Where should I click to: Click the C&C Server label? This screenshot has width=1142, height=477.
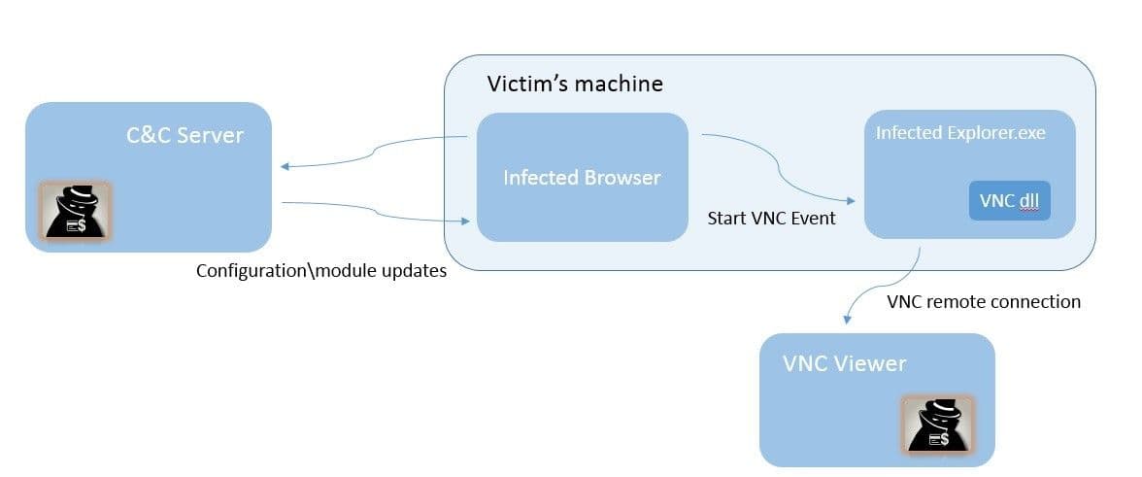[185, 134]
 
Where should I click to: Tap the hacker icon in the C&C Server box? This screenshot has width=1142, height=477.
[75, 210]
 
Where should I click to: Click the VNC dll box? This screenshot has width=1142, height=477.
[1009, 201]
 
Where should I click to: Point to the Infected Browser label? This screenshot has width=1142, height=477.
[581, 178]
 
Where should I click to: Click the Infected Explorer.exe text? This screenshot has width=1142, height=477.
[959, 133]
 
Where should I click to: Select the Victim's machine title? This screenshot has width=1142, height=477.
[574, 84]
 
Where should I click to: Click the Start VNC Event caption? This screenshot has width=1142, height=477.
[771, 218]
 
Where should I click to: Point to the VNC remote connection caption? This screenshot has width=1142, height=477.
[983, 301]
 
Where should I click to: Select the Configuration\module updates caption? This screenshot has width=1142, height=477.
[320, 271]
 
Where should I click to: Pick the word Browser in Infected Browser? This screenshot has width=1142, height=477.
[621, 178]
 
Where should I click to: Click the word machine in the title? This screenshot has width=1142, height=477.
[617, 84]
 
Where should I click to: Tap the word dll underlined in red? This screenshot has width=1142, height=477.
[1027, 201]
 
